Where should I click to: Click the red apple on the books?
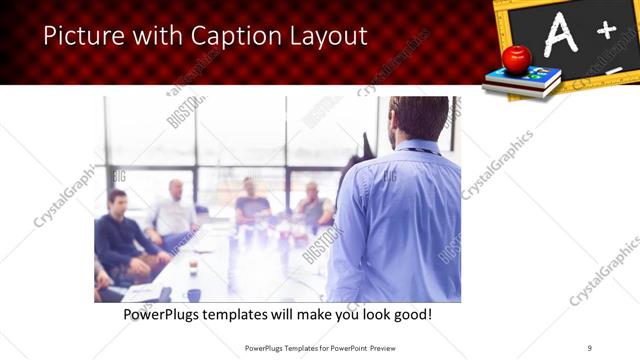tap(516, 59)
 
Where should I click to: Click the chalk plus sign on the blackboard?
tap(606, 30)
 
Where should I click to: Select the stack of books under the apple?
tap(521, 81)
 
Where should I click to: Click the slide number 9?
tap(590, 347)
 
